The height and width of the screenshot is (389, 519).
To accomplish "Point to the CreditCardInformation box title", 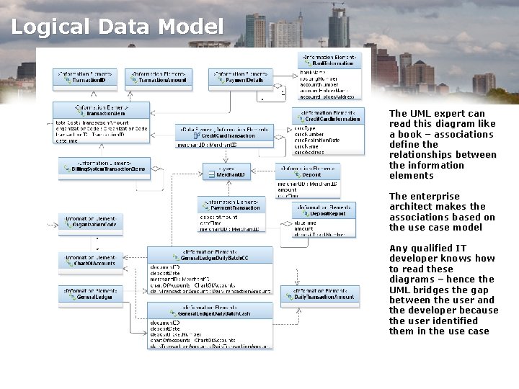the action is [x=328, y=115].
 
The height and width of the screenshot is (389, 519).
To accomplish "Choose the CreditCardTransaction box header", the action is [x=225, y=132].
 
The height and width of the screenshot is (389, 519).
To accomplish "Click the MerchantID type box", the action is [x=228, y=171].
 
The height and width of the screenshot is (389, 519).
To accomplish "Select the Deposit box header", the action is [x=308, y=171].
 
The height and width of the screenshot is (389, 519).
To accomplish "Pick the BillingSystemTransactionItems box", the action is [x=94, y=166].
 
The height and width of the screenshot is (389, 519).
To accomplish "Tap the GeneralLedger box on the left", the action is [x=90, y=294].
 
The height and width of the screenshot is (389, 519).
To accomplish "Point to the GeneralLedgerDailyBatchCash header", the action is [x=210, y=310].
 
